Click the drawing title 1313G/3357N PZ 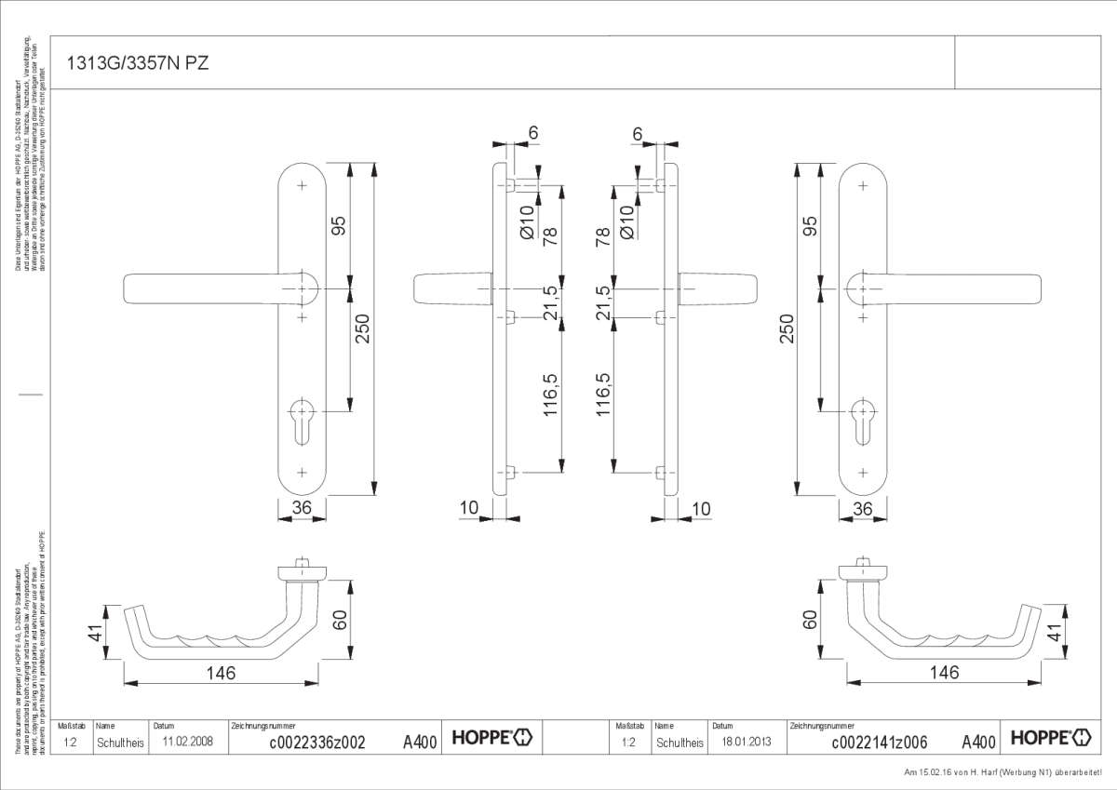click(138, 63)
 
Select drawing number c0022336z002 click(316, 742)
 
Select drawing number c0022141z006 click(879, 742)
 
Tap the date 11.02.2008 click(188, 742)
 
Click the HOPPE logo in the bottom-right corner click(1049, 738)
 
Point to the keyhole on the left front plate click(303, 418)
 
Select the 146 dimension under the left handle click(221, 673)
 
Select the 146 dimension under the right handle click(944, 673)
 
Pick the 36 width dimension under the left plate click(302, 508)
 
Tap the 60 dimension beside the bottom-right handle click(809, 619)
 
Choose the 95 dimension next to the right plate click(810, 226)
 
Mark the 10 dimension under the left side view click(468, 508)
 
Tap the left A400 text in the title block click(419, 742)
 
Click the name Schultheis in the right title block click(679, 743)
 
